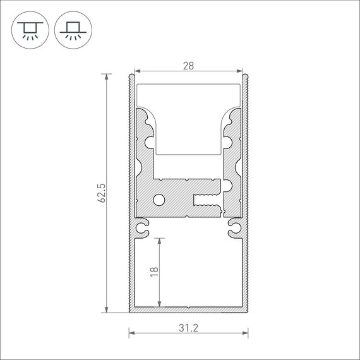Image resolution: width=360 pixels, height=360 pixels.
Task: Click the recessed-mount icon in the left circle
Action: tap(28, 29)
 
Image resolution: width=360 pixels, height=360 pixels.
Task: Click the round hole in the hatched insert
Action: tap(159, 200)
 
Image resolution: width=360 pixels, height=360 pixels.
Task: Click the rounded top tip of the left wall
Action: tap(131, 76)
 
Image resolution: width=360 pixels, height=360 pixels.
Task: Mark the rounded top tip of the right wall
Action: tap(246, 76)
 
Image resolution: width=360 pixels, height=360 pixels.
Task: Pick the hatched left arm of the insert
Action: tap(143, 158)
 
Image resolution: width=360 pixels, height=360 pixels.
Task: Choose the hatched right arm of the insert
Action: tap(233, 158)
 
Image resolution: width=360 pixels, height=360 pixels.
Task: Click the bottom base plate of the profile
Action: tap(188, 310)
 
